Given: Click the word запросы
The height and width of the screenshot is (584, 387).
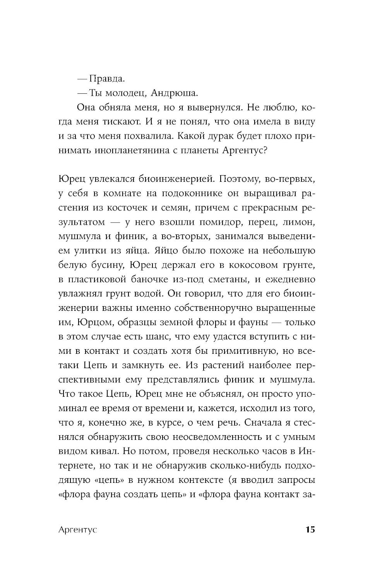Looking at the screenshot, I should click(296, 480).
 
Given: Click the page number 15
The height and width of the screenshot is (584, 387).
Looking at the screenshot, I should click(310, 530).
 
